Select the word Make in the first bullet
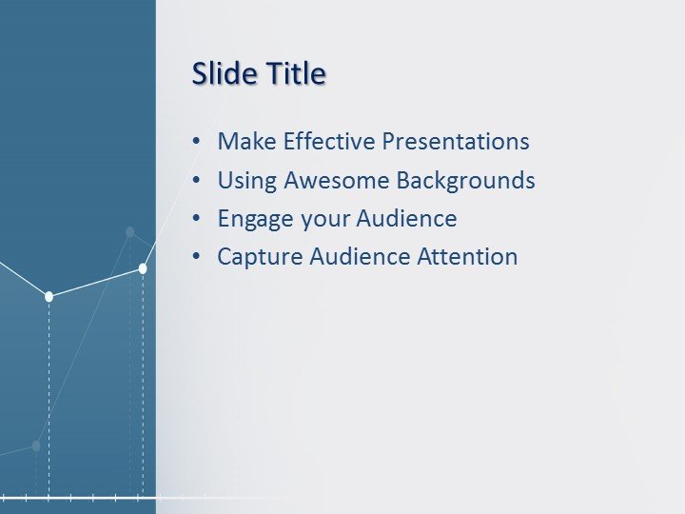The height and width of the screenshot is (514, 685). (x=245, y=142)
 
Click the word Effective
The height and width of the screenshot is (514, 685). (x=325, y=142)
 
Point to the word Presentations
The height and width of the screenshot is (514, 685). (x=456, y=142)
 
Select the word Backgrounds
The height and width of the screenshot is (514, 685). (x=466, y=180)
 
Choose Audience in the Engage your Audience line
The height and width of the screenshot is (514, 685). (x=407, y=219)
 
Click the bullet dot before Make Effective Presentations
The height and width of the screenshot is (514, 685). (x=196, y=142)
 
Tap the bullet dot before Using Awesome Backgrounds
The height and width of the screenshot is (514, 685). (x=196, y=180)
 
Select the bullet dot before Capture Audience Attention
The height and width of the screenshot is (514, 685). (x=196, y=257)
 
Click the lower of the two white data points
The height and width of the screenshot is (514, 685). (x=49, y=297)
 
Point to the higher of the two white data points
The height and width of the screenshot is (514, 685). (x=143, y=268)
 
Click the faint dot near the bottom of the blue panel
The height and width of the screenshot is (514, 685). (x=36, y=445)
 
